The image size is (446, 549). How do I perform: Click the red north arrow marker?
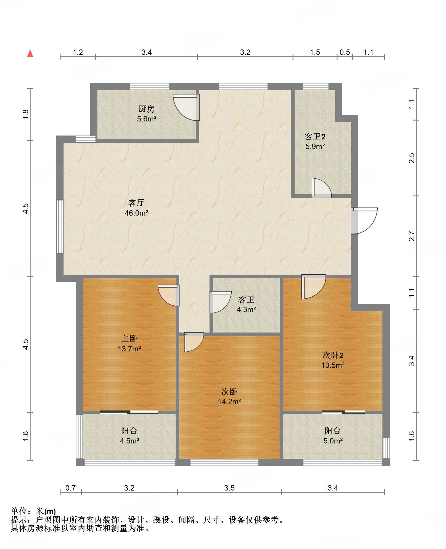(x=30, y=53)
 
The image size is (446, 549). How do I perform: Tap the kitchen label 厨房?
(x=146, y=109)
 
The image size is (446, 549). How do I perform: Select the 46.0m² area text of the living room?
(x=136, y=213)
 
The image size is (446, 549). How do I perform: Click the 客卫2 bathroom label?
(x=315, y=137)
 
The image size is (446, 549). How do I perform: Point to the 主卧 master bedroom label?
(x=129, y=339)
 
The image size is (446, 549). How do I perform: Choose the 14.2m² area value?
(x=229, y=402)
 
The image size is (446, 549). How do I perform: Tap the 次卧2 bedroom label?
(x=333, y=355)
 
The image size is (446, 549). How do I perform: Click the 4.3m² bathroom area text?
(x=246, y=309)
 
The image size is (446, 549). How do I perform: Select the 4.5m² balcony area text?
(x=129, y=441)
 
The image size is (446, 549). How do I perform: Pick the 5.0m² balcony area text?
(x=333, y=441)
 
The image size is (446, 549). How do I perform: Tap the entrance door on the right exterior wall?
(x=364, y=221)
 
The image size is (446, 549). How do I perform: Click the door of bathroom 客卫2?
(x=321, y=188)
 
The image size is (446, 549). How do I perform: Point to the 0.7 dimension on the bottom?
(x=70, y=488)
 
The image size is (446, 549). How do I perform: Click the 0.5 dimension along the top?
(x=345, y=52)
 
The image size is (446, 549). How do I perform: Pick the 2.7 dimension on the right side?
(x=412, y=236)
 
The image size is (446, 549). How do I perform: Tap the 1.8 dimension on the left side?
(x=26, y=115)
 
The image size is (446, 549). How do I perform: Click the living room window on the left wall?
(x=60, y=227)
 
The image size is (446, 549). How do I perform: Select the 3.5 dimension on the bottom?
(x=229, y=488)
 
